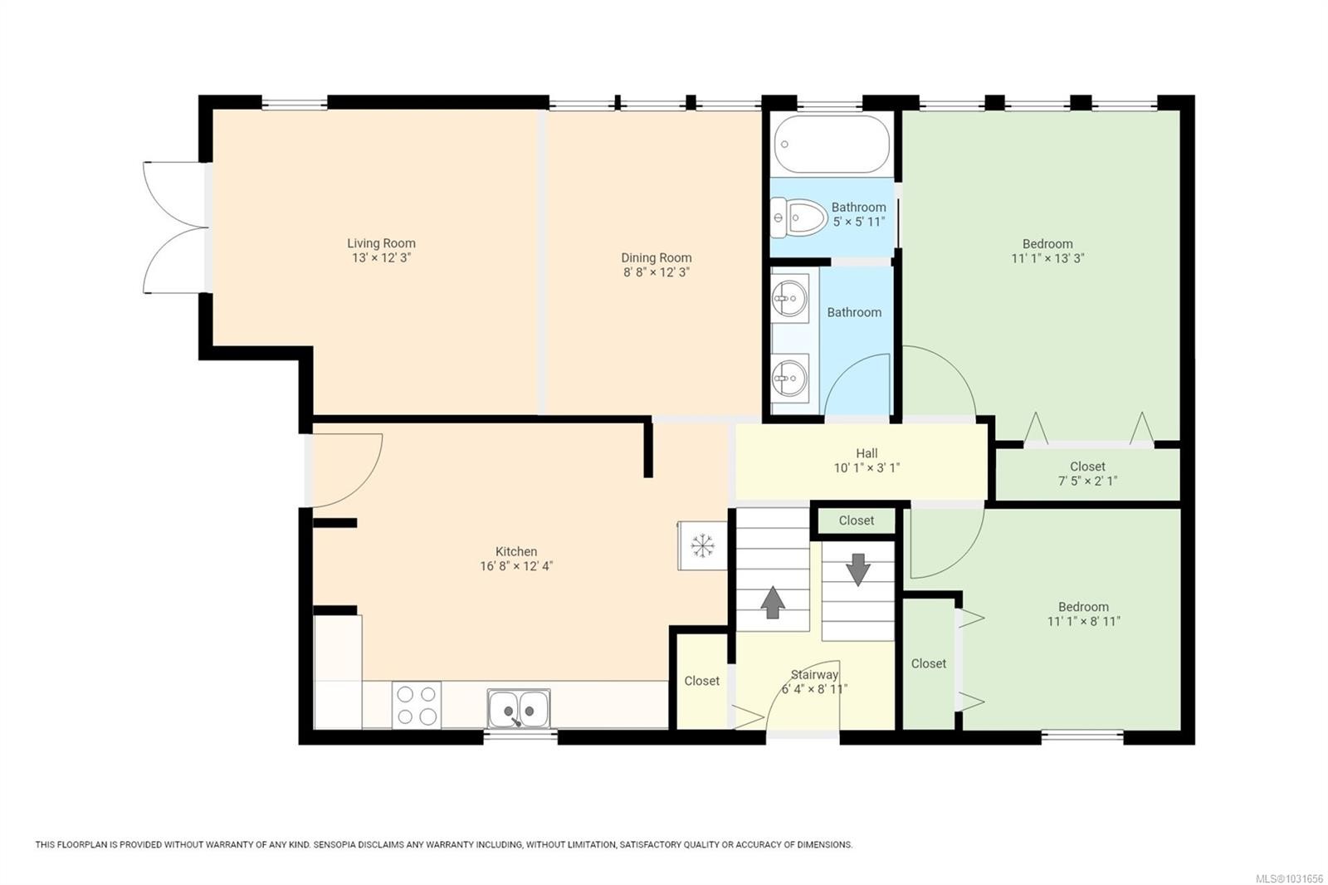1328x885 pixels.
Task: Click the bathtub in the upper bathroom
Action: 832,143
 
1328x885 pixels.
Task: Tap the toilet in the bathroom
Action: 801,218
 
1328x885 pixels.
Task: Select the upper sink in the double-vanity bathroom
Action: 789,296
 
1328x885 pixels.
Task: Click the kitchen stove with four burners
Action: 416,705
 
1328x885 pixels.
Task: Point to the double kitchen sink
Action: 519,708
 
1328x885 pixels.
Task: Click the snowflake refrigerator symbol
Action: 703,545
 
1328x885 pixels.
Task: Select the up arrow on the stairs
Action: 773,602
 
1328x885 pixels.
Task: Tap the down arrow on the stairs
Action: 857,570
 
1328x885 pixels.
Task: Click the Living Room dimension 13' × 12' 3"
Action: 381,258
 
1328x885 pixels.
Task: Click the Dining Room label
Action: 656,257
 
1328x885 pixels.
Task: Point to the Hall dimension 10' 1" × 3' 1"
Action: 867,468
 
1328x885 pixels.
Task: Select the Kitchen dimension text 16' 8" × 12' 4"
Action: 516,566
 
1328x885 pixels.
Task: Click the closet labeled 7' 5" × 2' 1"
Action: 1087,473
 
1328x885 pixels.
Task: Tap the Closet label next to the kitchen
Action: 701,681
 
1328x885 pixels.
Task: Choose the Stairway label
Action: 814,675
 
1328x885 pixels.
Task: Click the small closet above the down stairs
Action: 856,521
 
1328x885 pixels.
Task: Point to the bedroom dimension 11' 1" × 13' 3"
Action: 1047,258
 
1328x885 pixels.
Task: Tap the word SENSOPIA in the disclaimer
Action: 336,845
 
